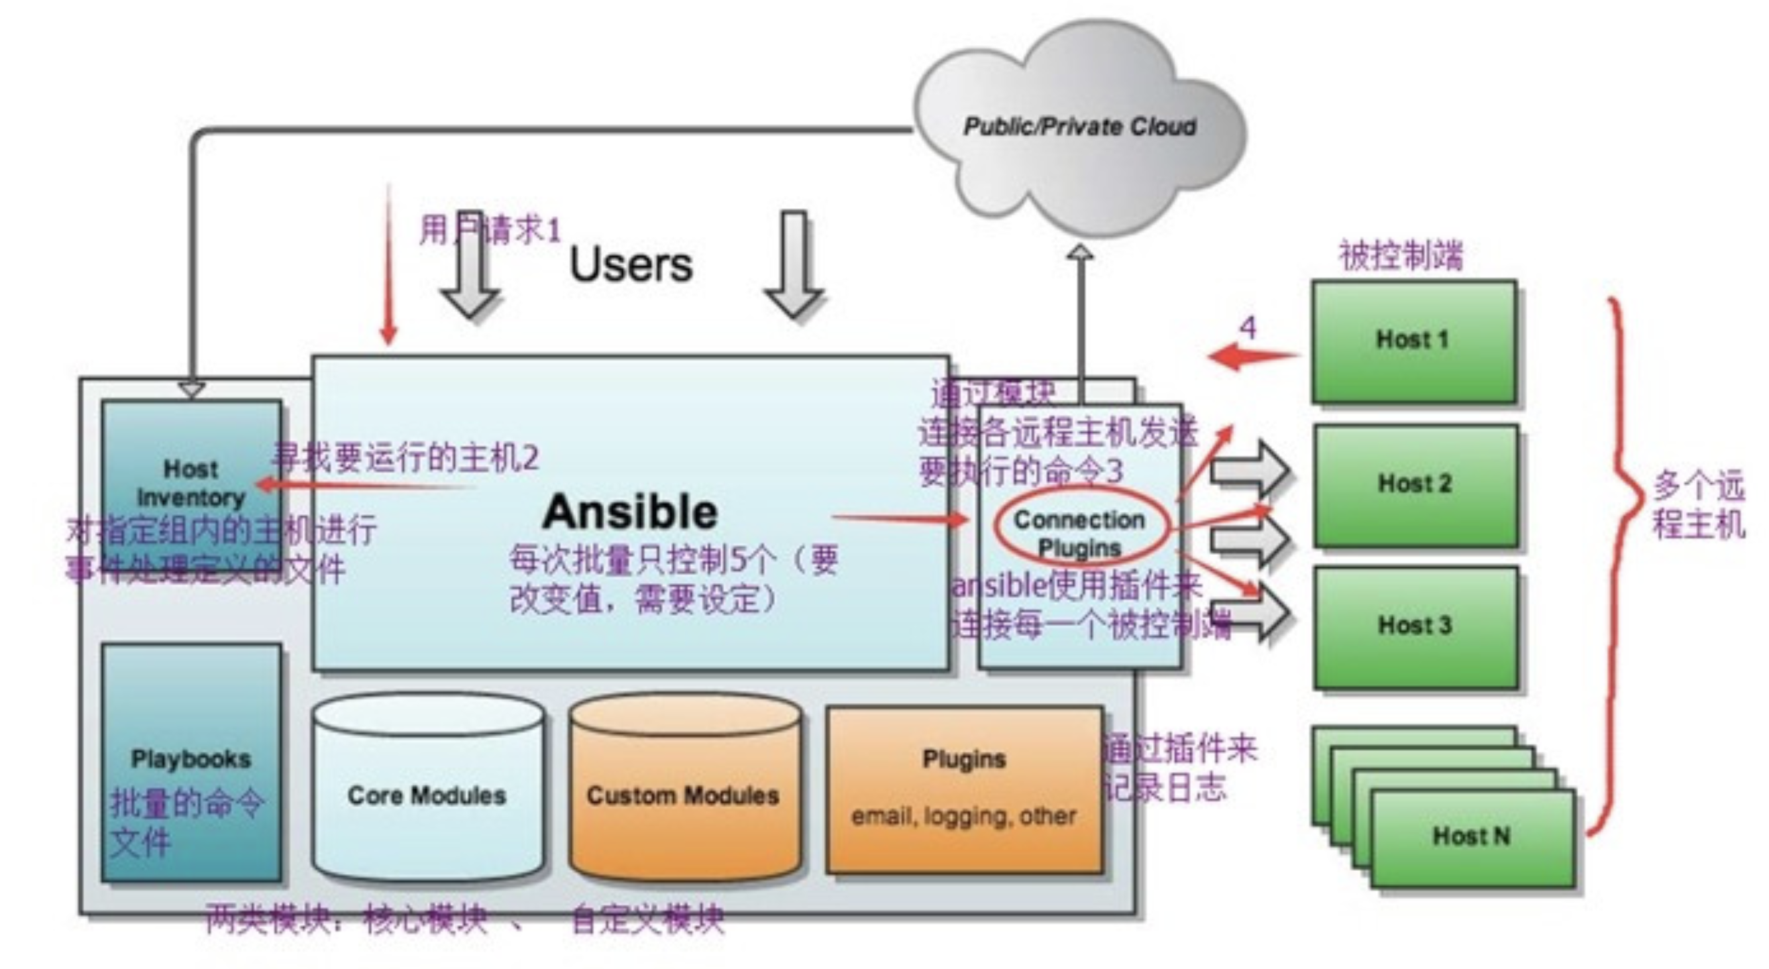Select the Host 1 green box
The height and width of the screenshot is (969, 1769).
coord(1413,341)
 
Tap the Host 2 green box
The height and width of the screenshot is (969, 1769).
coord(1415,484)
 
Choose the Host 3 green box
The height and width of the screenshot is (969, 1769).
coord(1415,626)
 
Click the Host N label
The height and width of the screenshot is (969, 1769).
coord(1471,836)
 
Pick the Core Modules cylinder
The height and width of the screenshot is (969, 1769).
coord(427,795)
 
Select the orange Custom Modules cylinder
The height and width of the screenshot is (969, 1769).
coord(683,795)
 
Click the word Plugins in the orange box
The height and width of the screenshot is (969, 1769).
coord(963,759)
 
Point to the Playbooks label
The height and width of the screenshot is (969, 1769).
coord(191,759)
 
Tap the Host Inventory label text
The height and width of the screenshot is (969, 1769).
coord(191,483)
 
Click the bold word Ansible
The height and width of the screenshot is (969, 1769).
coord(629,512)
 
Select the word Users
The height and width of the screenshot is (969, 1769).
coord(630,265)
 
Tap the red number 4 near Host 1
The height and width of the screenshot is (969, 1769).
coord(1248,327)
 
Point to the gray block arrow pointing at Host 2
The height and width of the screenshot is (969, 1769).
coord(1248,471)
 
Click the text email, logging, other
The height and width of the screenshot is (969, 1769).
coord(963,817)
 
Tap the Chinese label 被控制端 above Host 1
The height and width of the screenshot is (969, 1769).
coord(1401,255)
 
